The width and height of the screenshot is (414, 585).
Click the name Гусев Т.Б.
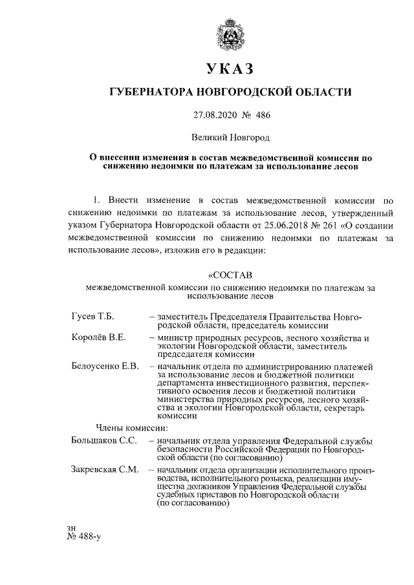[x=93, y=317]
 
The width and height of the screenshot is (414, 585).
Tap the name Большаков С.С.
[x=103, y=440]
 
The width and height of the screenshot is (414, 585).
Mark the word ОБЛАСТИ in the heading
[x=322, y=92]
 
